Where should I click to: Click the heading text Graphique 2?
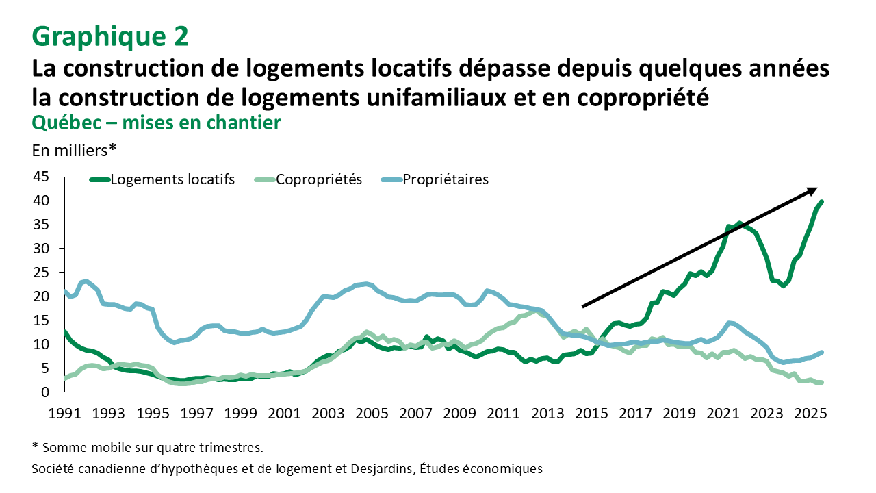pyautogui.click(x=109, y=36)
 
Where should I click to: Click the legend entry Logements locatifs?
pyautogui.click(x=172, y=179)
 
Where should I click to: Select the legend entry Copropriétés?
pyautogui.click(x=318, y=179)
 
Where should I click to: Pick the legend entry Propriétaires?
pyautogui.click(x=445, y=179)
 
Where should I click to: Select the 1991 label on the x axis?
pyautogui.click(x=64, y=414)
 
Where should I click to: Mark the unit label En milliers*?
pyautogui.click(x=74, y=149)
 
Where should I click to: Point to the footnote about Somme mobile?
pyautogui.click(x=147, y=448)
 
